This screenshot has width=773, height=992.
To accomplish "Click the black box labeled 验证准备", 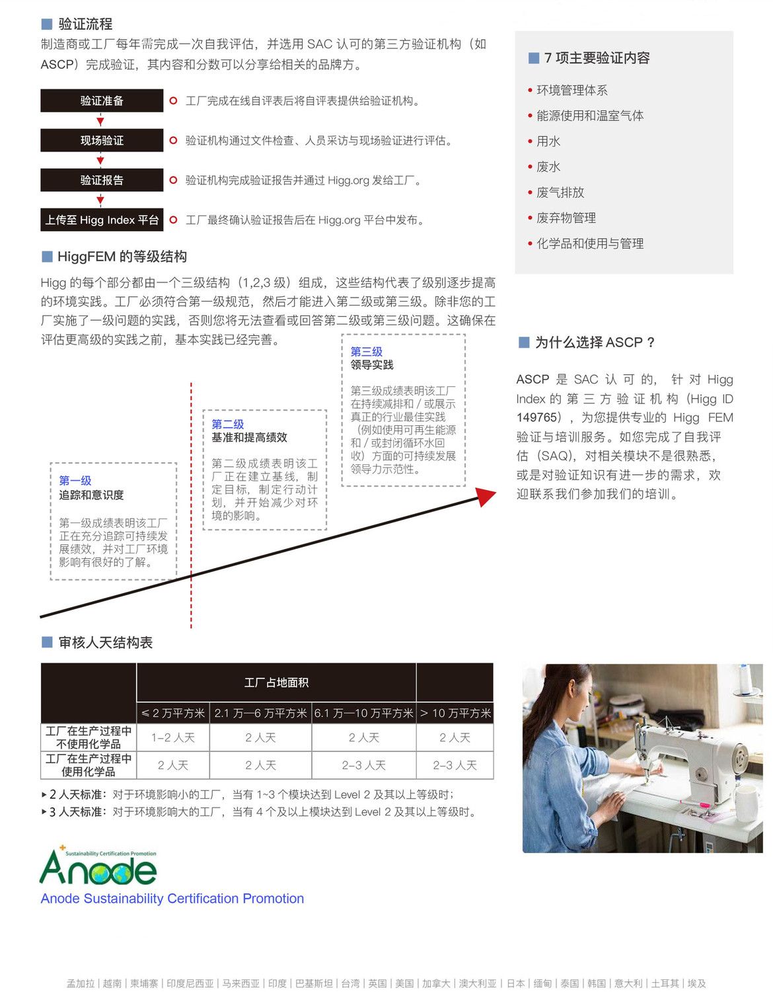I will (102, 101).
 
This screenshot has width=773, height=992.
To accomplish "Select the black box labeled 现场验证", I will (102, 140).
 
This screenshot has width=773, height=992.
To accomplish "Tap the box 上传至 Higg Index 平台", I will (102, 220).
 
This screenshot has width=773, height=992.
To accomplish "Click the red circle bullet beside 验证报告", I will (173, 180).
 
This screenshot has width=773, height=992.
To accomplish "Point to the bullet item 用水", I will (548, 142).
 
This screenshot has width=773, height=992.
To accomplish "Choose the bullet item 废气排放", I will (560, 192).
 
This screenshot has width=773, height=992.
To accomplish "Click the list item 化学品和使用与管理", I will (589, 243).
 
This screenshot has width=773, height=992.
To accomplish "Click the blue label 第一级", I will (75, 481).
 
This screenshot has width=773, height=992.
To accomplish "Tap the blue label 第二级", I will (228, 424).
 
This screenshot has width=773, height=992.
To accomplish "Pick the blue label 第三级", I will (367, 352).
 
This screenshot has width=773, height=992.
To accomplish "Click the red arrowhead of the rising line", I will (486, 497).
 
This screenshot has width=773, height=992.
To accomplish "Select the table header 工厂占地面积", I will (276, 682).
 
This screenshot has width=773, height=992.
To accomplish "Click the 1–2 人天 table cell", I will (173, 737).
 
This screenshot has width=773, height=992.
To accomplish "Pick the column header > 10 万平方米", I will (455, 713).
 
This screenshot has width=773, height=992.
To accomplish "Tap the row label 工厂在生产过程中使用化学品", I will (89, 765).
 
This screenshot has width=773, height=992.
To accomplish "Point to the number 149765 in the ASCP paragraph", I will (537, 418).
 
